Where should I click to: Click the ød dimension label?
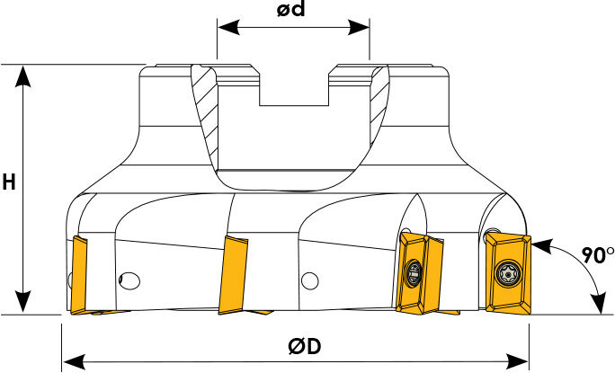click(290, 9)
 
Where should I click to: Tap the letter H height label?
click(9, 182)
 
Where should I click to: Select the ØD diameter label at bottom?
click(305, 346)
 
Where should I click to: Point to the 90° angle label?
click(597, 255)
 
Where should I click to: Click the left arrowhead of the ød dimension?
click(228, 28)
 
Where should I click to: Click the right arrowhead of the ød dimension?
click(359, 28)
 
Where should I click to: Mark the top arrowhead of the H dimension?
click(23, 76)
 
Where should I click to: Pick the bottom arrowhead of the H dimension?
click(23, 302)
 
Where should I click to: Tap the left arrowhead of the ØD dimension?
click(74, 360)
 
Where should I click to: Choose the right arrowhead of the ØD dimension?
click(517, 360)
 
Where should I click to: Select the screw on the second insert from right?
click(414, 273)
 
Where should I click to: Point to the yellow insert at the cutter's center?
click(233, 274)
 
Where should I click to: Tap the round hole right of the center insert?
click(310, 280)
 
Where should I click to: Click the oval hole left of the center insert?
click(129, 280)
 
